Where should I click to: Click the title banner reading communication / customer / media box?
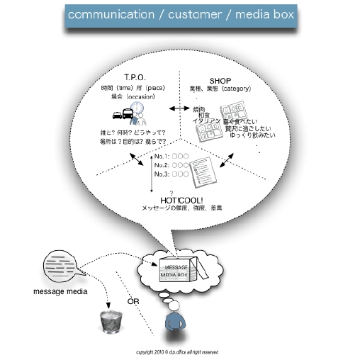click(181, 14)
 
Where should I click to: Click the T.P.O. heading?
click(134, 77)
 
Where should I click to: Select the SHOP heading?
click(221, 80)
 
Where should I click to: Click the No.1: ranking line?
click(169, 156)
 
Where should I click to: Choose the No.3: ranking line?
click(169, 174)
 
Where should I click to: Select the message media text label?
click(59, 291)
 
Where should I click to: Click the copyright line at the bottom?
click(177, 351)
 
